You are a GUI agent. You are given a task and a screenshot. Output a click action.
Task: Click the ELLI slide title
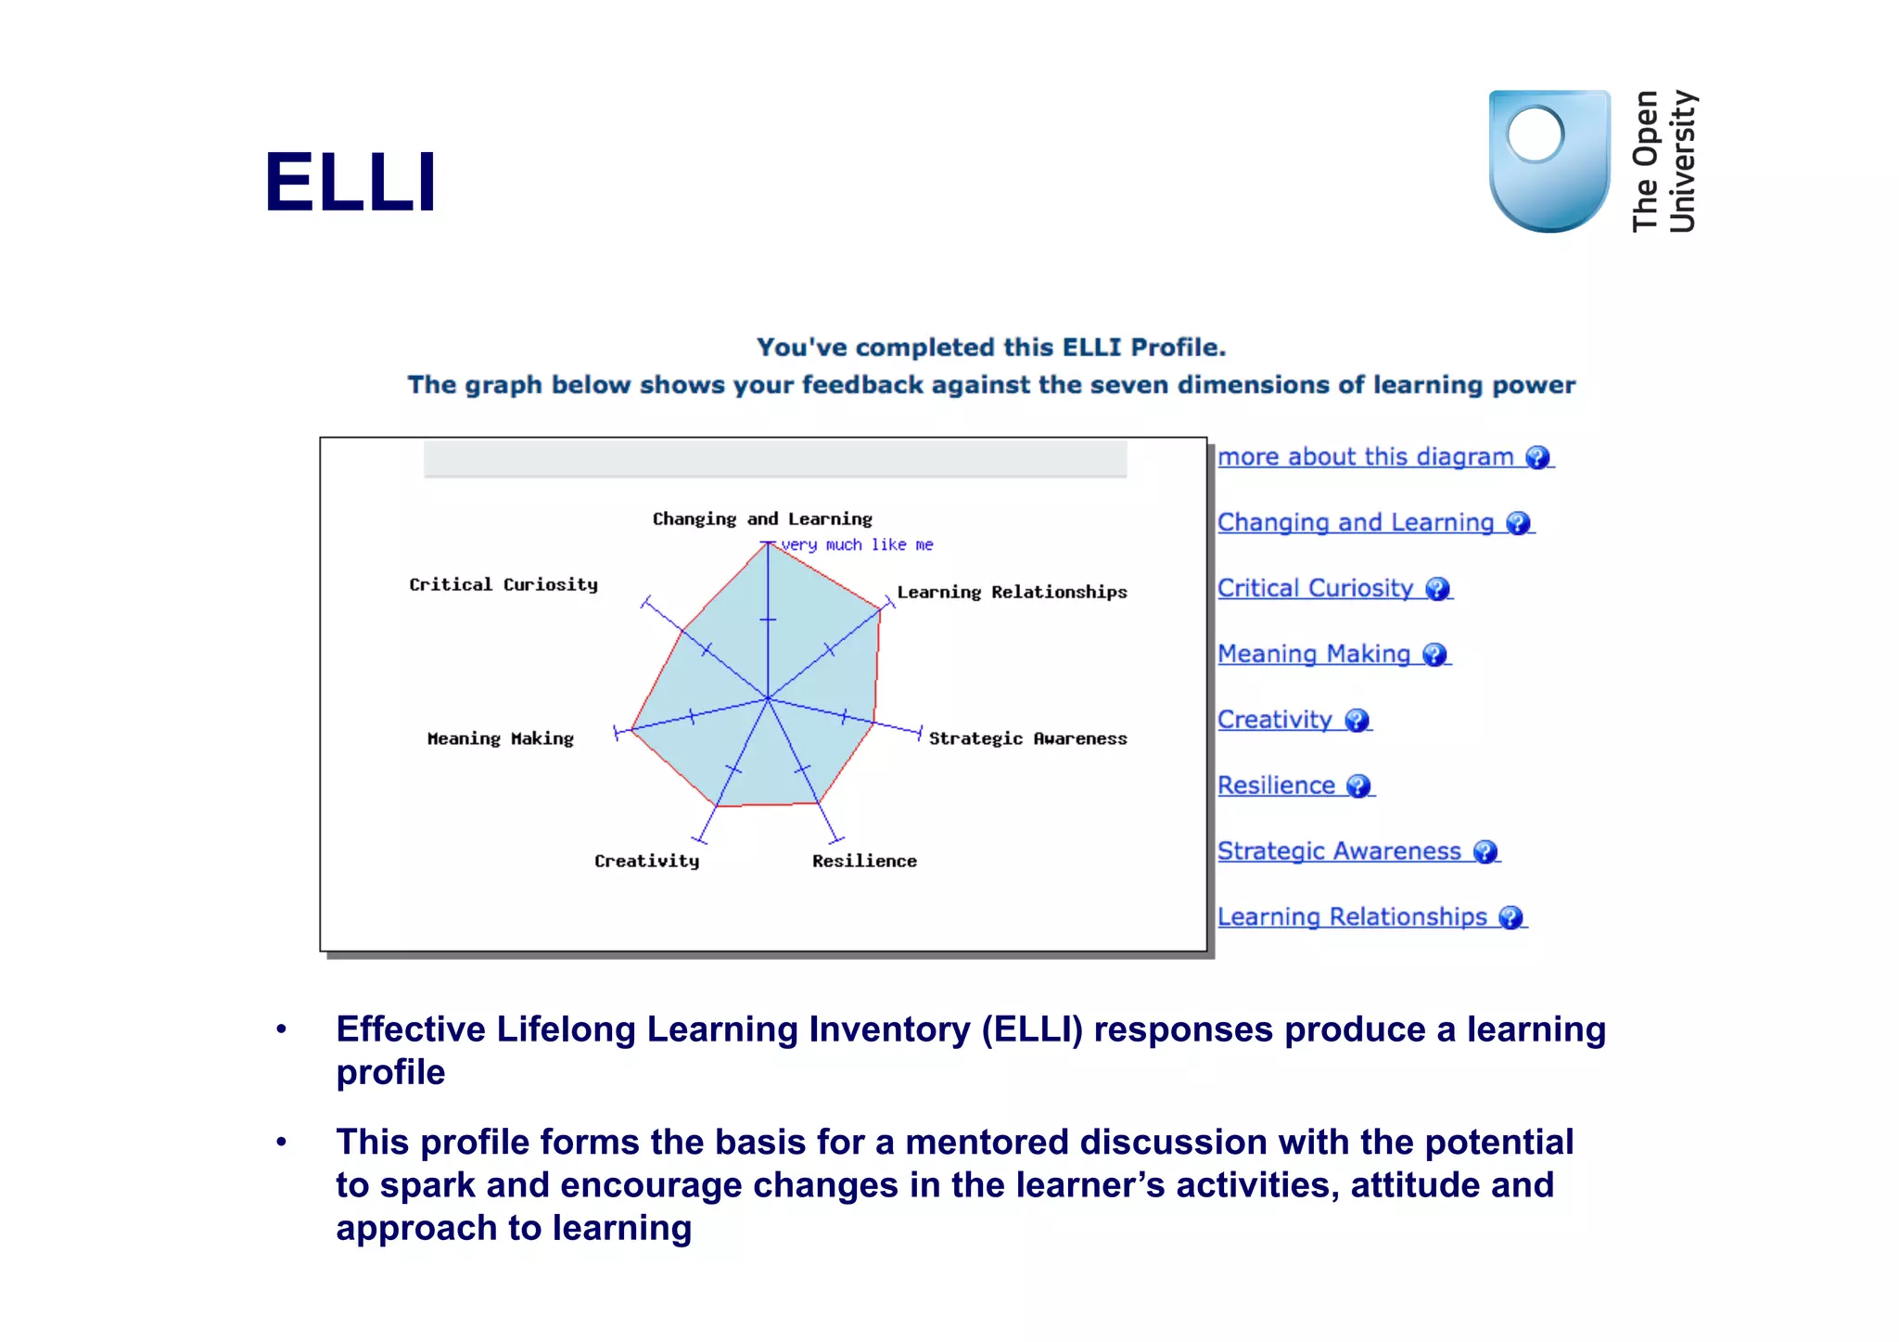point(350,182)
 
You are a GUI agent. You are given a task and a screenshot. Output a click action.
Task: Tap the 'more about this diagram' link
point(1365,457)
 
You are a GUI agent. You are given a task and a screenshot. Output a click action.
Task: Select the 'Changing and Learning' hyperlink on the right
point(1355,523)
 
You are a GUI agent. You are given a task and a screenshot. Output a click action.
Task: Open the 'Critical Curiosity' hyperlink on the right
point(1315,589)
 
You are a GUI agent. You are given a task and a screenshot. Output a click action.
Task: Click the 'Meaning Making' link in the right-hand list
point(1313,655)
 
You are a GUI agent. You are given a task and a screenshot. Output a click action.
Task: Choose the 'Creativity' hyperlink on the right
point(1274,721)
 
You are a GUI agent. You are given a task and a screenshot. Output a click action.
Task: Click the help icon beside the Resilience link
point(1358,786)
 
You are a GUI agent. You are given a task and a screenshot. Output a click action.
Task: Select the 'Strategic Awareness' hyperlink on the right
point(1338,852)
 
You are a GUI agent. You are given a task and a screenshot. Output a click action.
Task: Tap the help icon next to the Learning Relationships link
point(1510,918)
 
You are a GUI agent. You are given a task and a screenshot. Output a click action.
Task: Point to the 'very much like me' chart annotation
point(857,545)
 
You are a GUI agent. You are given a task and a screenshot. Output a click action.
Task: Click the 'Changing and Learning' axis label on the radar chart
point(762,519)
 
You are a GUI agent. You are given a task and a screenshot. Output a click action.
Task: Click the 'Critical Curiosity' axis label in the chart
point(503,585)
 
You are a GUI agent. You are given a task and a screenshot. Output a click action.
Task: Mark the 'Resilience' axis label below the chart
point(864,862)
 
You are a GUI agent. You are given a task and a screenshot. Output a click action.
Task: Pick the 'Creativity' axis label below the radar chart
point(646,862)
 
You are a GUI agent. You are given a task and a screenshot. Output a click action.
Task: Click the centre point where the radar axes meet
point(768,698)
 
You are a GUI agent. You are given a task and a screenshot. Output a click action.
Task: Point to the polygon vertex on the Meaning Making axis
point(631,730)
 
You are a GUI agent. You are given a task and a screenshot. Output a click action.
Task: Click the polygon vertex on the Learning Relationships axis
point(880,609)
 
